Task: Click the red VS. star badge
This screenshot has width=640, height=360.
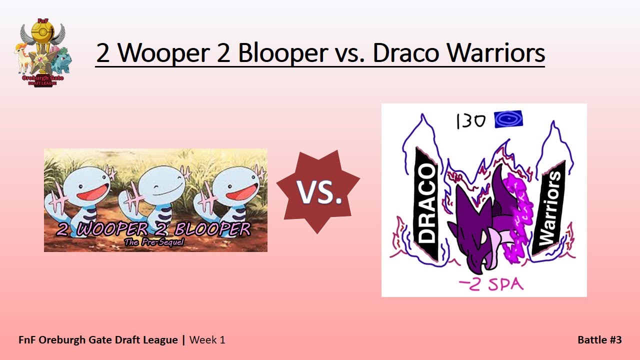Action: (x=318, y=191)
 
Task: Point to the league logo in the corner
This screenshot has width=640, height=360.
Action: (x=42, y=52)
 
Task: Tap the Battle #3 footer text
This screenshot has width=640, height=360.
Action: (x=599, y=340)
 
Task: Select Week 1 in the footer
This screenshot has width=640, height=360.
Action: (x=207, y=340)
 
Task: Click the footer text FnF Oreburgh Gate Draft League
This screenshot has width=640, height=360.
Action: (x=98, y=340)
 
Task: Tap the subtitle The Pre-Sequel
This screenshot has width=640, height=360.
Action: (x=154, y=243)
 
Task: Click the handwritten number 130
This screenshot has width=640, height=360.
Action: (x=470, y=121)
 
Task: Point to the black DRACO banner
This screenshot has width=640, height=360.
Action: (x=426, y=205)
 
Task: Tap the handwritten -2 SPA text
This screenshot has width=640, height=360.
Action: (x=491, y=285)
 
